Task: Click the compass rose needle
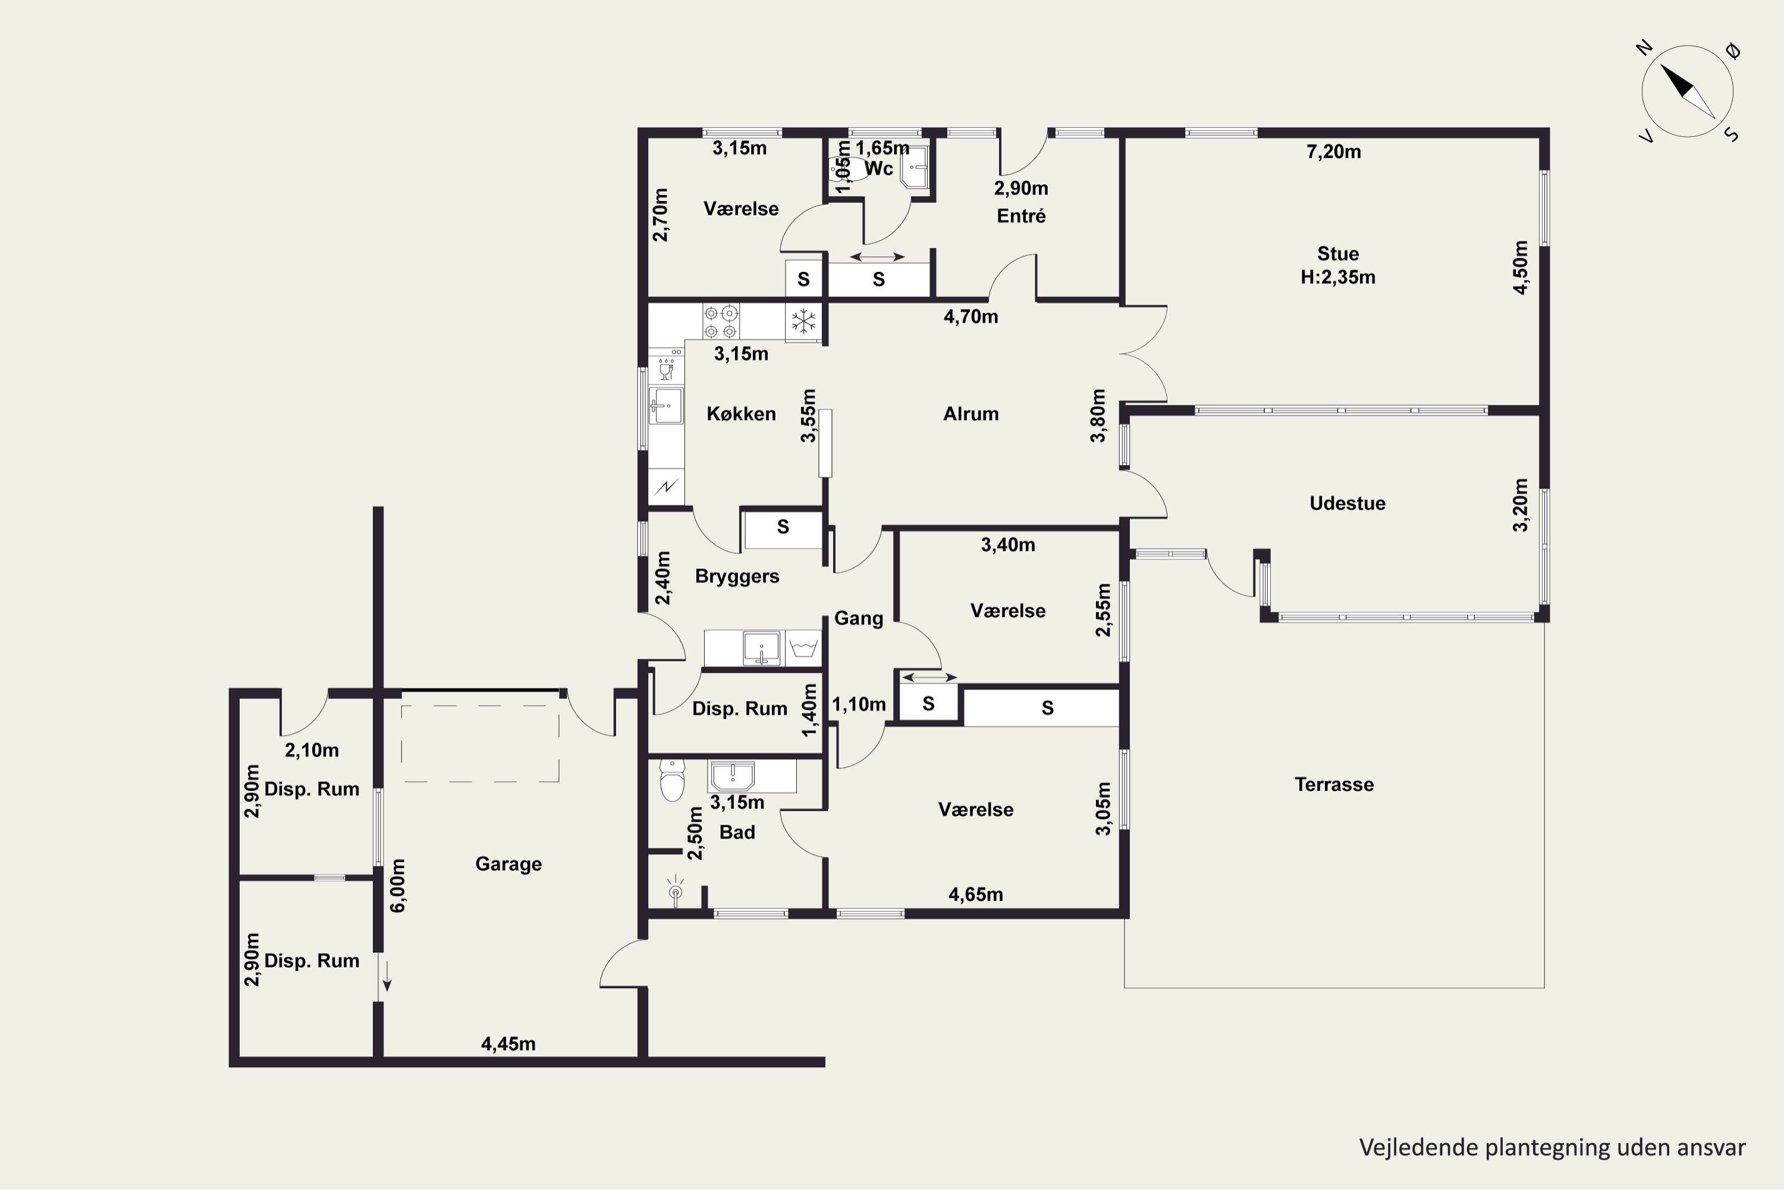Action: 1688,91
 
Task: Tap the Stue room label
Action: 1338,253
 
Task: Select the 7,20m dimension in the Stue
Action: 1333,152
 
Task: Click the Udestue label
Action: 1347,503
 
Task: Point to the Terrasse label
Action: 1334,784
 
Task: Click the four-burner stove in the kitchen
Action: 721,322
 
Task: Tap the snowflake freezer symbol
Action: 803,321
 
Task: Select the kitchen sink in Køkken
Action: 665,405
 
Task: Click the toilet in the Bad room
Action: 672,779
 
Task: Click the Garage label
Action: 508,864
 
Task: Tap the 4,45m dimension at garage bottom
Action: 508,1044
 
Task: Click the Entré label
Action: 1021,217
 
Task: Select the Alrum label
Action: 971,414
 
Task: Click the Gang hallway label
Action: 859,619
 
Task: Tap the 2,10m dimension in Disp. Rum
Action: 312,750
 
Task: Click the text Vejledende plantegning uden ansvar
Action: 1552,1148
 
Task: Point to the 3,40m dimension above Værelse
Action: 1008,544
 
